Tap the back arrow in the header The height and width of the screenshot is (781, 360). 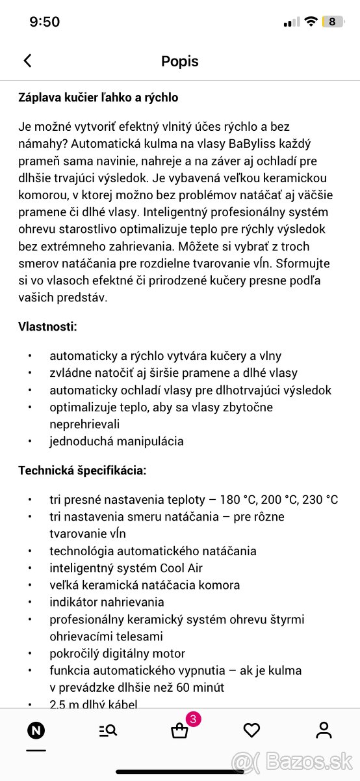click(x=27, y=61)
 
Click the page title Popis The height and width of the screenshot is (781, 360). click(x=180, y=61)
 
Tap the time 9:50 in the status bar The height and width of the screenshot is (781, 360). click(x=45, y=21)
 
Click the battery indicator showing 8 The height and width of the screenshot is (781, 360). click(x=332, y=21)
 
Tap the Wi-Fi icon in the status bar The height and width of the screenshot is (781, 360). click(x=311, y=21)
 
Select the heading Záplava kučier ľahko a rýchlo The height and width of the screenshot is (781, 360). click(x=98, y=98)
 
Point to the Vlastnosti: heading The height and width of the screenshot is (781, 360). click(x=47, y=327)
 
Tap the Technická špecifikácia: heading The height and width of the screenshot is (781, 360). click(x=83, y=470)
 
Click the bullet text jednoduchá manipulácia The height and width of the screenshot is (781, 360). click(x=116, y=441)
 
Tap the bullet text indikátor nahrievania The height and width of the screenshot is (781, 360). click(x=107, y=602)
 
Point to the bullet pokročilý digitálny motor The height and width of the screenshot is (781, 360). click(x=118, y=653)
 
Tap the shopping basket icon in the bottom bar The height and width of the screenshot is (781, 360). click(x=179, y=731)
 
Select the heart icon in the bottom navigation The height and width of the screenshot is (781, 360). click(x=251, y=730)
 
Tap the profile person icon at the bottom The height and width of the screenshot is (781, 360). click(x=324, y=730)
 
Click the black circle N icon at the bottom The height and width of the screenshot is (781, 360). click(x=36, y=730)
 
